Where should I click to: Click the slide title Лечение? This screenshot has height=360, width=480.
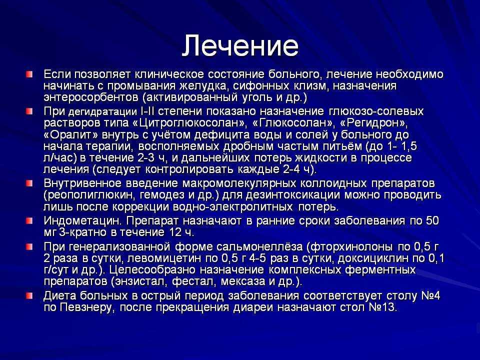tap(240, 46)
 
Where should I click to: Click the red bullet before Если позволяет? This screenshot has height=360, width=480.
tap(29, 74)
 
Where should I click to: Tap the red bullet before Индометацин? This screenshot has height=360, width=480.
tap(29, 220)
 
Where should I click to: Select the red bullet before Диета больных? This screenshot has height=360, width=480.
tap(29, 295)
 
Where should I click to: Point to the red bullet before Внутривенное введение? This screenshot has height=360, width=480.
tap(29, 183)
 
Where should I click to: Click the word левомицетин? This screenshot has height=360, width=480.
tap(164, 258)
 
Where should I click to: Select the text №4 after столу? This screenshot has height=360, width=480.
tap(430, 295)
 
